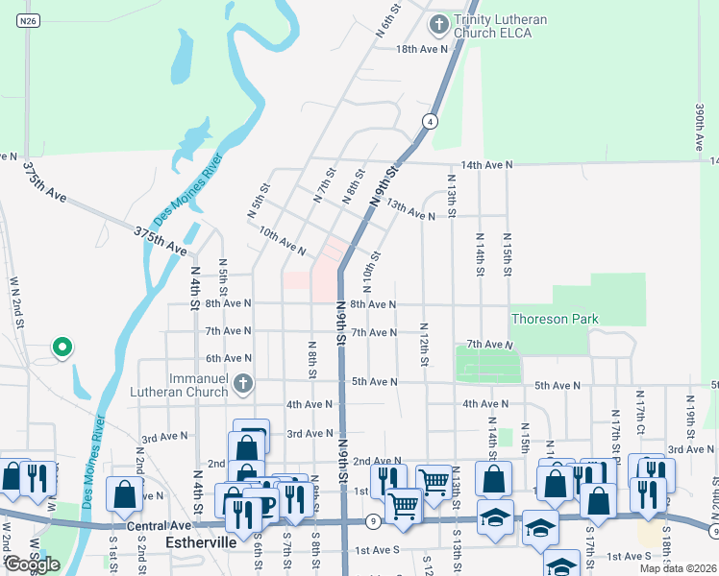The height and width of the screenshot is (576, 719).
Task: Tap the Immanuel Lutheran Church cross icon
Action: [243, 384]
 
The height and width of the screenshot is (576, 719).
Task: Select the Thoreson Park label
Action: [555, 319]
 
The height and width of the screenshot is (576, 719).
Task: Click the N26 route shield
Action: [28, 19]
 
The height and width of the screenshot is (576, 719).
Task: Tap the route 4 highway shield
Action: [429, 121]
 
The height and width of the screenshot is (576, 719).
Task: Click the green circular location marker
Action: [62, 347]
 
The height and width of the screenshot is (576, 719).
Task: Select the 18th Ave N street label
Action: [422, 49]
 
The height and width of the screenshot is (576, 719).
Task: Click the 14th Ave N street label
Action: [486, 165]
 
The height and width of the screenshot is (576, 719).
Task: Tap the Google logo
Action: [32, 564]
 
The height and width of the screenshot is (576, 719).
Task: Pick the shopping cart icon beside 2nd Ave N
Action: [434, 479]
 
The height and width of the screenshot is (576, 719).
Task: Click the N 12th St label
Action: [423, 350]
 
